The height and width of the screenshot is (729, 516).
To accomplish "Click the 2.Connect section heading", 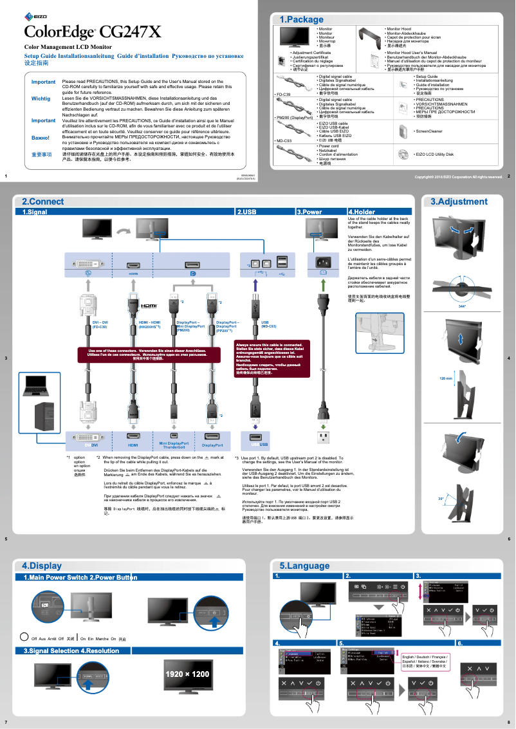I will [x=42, y=201].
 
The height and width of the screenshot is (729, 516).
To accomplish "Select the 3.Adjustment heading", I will [x=459, y=201].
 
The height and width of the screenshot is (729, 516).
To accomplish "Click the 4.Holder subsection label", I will [x=362, y=211].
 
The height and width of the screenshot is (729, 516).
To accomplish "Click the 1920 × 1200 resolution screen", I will [x=187, y=674].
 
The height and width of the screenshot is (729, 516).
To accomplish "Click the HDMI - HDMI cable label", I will [x=149, y=324].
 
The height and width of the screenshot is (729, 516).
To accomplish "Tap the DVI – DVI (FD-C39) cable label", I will [x=100, y=324].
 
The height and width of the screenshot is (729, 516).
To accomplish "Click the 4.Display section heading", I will [x=42, y=566].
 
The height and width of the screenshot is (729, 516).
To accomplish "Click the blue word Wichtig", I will [x=41, y=98].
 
